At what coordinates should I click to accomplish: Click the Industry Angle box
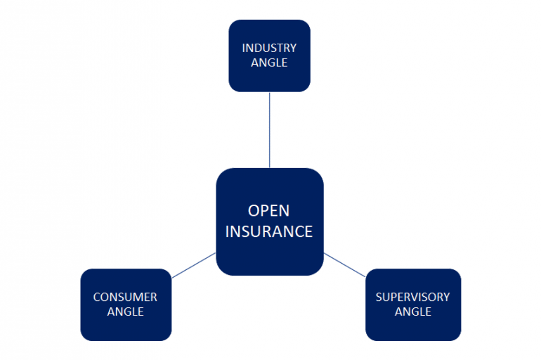point(269,56)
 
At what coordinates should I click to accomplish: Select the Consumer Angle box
point(126,304)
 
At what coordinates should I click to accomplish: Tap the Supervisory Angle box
point(412,304)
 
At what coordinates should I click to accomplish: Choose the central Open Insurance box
point(269,221)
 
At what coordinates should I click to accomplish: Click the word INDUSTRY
point(269,49)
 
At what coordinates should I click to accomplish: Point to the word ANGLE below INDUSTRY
point(269,63)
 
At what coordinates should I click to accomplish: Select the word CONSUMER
point(125,297)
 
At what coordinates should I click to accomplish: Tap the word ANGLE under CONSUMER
point(125,311)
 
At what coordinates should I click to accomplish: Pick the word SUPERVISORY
point(412,297)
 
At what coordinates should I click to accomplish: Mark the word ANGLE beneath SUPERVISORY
point(412,311)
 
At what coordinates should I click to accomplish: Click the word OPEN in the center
point(269,211)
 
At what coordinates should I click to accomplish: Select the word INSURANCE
point(269,231)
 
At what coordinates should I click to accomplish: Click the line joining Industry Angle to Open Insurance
point(270,130)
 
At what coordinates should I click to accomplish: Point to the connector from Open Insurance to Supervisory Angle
point(344,265)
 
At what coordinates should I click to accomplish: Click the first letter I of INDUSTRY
point(243,49)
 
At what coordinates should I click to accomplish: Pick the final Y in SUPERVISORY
point(447,297)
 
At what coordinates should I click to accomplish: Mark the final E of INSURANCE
point(308,231)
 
